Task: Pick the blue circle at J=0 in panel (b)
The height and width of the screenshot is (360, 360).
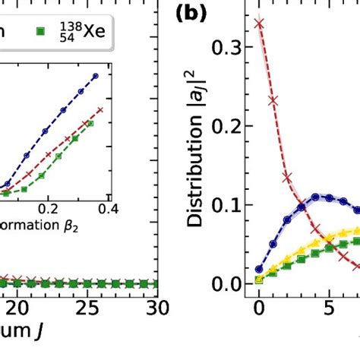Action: coord(259,269)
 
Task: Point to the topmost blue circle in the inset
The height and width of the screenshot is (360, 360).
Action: coord(96,75)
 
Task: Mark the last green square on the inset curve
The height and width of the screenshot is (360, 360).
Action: coord(90,122)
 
